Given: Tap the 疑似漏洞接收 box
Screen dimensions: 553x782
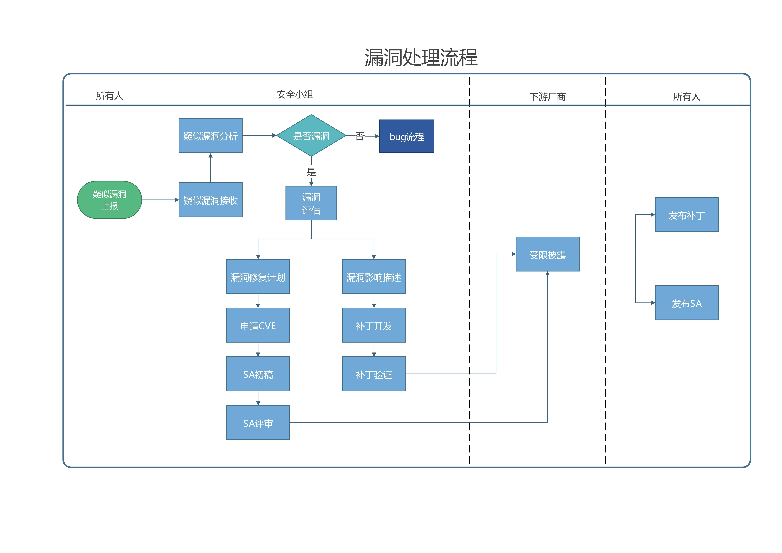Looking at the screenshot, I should tap(210, 200).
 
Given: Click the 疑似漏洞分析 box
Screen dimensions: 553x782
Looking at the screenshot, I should tap(210, 136).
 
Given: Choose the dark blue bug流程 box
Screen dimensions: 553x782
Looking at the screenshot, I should tap(407, 136).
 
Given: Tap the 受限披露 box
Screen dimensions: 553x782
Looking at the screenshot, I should tap(547, 254).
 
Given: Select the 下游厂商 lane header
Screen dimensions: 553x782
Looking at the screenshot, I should tap(547, 97).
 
